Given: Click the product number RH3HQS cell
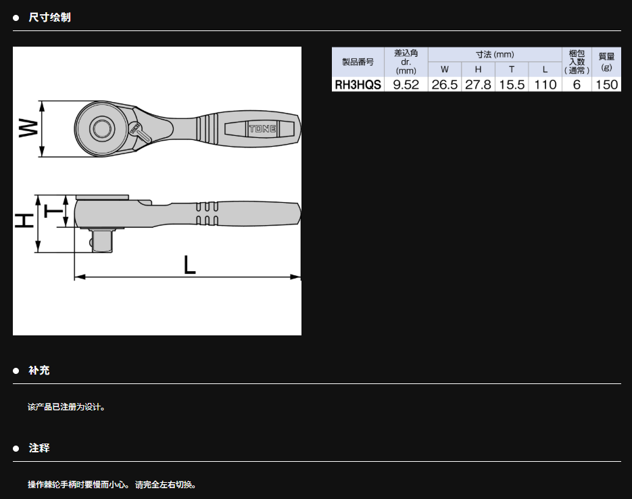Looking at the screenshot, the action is pos(358,85).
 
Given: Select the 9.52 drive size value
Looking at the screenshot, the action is pos(406,85).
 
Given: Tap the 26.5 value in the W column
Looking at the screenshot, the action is pos(445,85).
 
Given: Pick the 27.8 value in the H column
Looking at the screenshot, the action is pos(478,85).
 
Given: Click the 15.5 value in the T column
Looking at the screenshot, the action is pos(512,85).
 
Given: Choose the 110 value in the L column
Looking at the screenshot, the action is pos(545,85).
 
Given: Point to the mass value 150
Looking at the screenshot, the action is pos(606,85).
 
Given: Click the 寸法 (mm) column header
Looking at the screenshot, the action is pos(495,54).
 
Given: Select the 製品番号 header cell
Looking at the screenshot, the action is pos(358,62).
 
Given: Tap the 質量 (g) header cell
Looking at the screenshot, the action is pos(606,62).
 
